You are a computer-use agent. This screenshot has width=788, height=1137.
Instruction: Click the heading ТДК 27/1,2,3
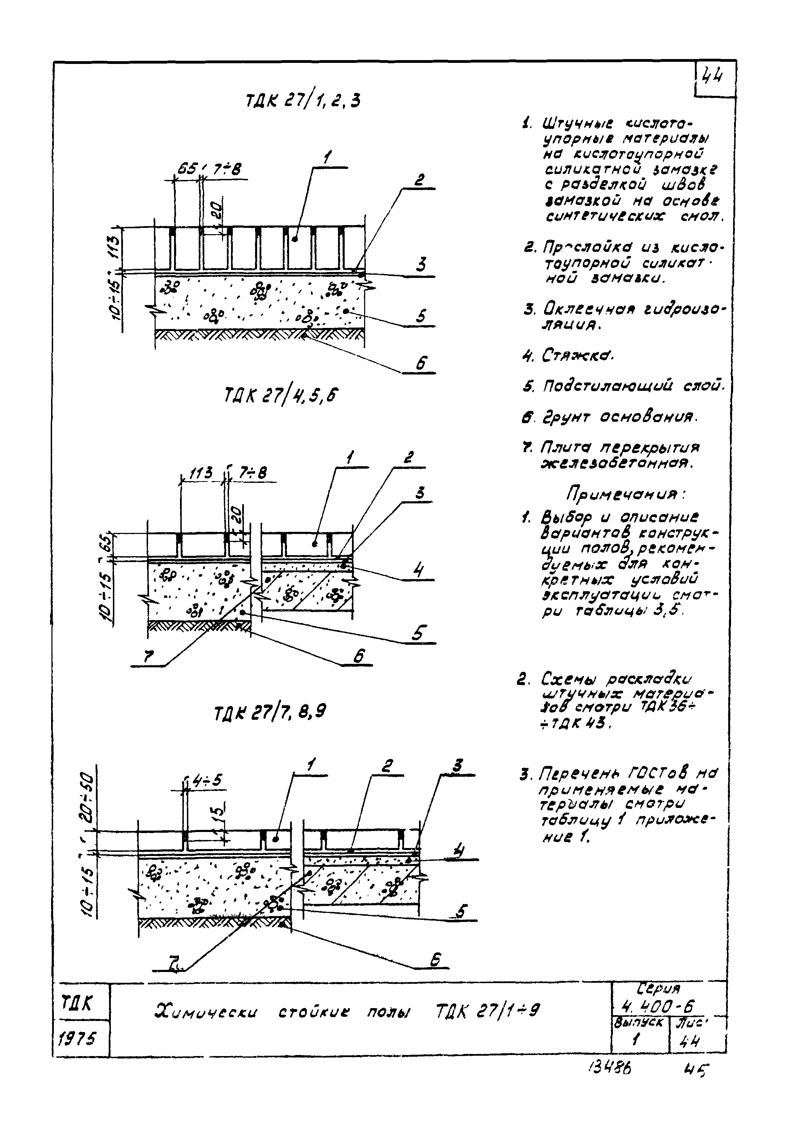pos(303,101)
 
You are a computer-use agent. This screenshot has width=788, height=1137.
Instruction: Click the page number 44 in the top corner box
pos(713,76)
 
